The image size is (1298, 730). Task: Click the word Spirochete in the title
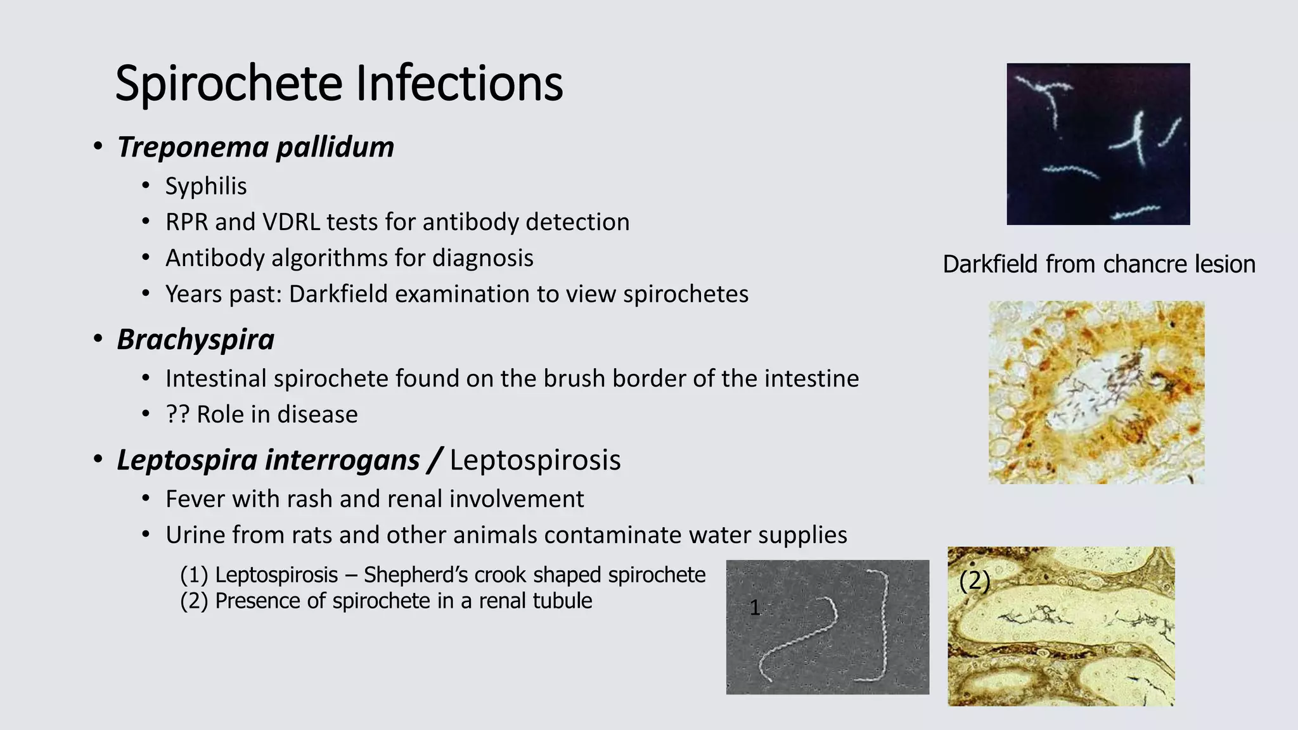coord(229,84)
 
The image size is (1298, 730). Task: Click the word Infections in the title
coord(459,84)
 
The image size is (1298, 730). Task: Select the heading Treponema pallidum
coord(255,147)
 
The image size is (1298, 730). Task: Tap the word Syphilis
coord(206,186)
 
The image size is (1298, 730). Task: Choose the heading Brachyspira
coord(195,340)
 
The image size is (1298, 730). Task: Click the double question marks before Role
coord(177,414)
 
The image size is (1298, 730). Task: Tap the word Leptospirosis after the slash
coord(535,460)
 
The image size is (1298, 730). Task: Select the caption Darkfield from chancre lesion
coord(1098,264)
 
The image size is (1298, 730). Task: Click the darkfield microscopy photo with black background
coord(1098,144)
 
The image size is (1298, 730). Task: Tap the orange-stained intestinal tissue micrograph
coord(1096,392)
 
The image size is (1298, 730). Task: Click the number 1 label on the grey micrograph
coord(754,608)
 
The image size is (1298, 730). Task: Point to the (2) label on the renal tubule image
coord(974,580)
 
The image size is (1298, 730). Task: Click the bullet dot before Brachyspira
coord(98,340)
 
